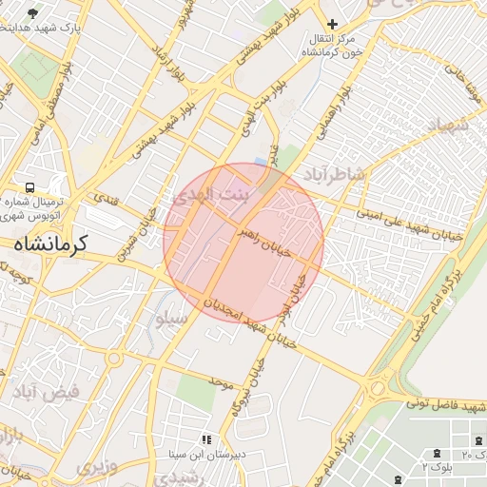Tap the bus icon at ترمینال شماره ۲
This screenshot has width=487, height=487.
(30, 187)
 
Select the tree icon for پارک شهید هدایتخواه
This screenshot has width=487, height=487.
(34, 13)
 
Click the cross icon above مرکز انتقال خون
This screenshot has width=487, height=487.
(332, 24)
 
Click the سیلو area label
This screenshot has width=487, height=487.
(171, 321)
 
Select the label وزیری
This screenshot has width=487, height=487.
(95, 468)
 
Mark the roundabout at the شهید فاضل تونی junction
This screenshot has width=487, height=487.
(379, 389)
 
